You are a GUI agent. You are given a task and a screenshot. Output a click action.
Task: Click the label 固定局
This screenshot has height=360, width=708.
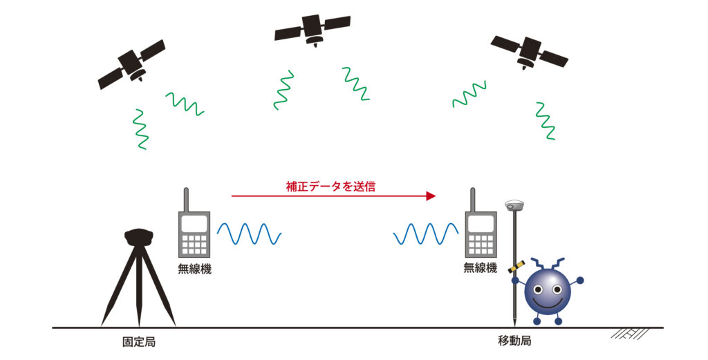138,342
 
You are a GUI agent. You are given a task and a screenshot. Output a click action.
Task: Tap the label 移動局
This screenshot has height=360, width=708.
514,341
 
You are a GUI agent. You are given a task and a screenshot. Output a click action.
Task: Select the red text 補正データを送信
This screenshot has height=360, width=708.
331,187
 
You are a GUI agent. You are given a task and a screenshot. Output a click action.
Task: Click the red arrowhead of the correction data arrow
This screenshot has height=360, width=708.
431,196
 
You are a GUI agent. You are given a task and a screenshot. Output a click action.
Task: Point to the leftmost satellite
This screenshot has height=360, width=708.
131,64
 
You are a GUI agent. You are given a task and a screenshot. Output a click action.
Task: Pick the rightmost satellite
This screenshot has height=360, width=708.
529,51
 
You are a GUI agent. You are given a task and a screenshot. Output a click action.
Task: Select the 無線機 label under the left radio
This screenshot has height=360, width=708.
194,269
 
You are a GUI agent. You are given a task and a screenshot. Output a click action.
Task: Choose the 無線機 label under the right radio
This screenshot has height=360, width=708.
481,267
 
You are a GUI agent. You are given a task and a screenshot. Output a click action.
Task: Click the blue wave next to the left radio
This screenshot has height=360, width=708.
249,234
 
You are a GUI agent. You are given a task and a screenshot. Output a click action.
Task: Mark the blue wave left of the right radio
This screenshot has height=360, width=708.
426,234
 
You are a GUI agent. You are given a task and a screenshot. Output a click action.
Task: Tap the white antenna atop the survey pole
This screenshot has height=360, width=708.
514,205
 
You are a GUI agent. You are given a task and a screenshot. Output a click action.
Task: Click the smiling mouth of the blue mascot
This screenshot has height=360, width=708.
547,301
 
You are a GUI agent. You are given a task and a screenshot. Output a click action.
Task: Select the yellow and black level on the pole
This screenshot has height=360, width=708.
516,267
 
